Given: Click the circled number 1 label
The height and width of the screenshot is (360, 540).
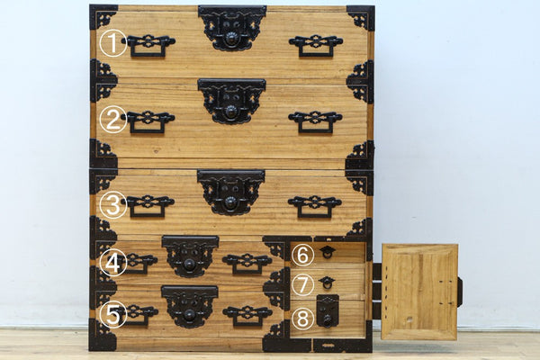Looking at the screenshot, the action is pos(113,43).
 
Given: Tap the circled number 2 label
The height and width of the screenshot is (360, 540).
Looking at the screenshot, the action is pos(113,120).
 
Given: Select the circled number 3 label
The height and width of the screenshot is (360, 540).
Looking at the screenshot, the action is pos(113,205).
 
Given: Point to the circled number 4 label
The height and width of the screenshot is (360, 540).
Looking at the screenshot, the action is pos(113,263).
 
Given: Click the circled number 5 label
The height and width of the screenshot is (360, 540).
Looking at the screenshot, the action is pos(113,314).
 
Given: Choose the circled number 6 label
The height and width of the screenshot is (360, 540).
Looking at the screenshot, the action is pos(302,255).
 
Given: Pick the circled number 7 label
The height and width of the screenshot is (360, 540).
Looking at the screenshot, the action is pos(302,284).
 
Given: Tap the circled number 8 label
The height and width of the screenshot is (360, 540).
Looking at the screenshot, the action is pos(302,318).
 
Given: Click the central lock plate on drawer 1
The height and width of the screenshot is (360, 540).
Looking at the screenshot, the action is pos(232,28).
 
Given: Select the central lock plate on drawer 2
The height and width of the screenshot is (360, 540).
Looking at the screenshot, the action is pos(232,101).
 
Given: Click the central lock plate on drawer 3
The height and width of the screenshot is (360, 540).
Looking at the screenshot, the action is pos(231,192).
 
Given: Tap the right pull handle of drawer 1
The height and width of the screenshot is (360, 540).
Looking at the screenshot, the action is pos(316,46).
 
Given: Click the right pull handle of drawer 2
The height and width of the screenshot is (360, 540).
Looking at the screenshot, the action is pos(315,122).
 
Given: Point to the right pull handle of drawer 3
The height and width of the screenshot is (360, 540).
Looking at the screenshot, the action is pos(315,207).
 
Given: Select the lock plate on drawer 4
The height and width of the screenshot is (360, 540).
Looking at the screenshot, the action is pos(190,256).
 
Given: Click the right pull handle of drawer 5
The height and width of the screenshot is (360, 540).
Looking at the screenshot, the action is pos(247,316).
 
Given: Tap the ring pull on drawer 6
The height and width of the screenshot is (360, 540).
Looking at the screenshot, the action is pos(326,253).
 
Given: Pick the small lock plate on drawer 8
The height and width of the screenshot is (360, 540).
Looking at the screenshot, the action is pos(328,310).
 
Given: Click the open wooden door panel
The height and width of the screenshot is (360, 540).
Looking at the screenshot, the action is pos(419,292).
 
